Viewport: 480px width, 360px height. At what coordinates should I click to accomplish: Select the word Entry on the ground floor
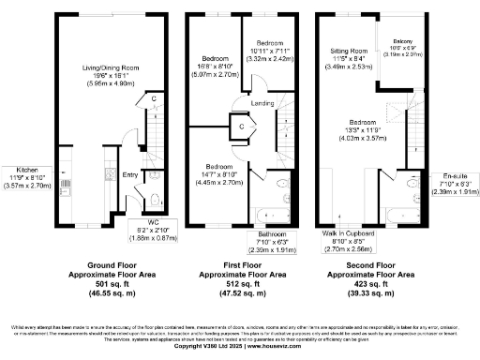129,174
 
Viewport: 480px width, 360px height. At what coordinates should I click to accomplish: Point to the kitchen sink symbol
110,174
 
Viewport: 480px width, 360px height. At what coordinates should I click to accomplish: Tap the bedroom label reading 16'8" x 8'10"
216,61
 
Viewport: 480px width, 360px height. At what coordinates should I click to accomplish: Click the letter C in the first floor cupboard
241,125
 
